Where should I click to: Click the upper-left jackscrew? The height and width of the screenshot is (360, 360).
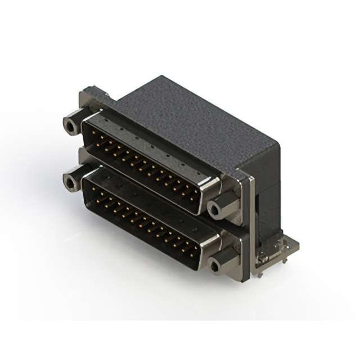click(x=71, y=125)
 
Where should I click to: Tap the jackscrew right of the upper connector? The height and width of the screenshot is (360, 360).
click(x=216, y=209)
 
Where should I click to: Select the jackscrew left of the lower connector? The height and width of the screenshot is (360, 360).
click(x=71, y=181)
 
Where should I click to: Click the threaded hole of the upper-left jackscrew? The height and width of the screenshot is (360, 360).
click(x=69, y=125)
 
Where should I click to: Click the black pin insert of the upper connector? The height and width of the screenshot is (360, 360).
click(x=141, y=160)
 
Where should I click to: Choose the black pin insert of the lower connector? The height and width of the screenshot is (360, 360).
click(x=141, y=219)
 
